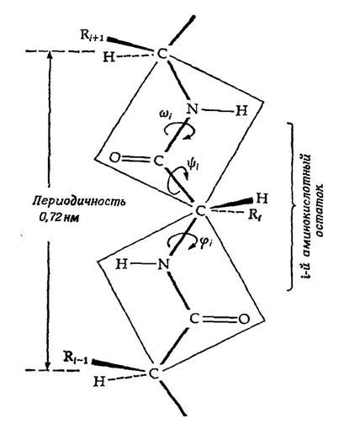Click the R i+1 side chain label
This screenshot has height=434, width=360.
pyautogui.click(x=92, y=37)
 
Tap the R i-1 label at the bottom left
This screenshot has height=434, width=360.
pyautogui.click(x=76, y=357)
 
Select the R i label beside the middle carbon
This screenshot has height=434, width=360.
pyautogui.click(x=255, y=215)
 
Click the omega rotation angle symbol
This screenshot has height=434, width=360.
pyautogui.click(x=166, y=115)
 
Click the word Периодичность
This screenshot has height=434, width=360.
pyautogui.click(x=79, y=202)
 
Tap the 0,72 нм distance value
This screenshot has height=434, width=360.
pyautogui.click(x=59, y=218)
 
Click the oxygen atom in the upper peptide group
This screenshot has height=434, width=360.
pyautogui.click(x=114, y=158)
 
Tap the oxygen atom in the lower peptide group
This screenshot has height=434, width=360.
pyautogui.click(x=244, y=319)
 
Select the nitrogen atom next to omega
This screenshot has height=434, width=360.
pyautogui.click(x=193, y=109)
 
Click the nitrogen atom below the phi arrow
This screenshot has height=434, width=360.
pyautogui.click(x=164, y=264)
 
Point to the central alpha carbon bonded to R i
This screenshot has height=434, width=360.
pyautogui.click(x=201, y=211)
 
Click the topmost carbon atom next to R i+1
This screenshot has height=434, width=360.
pyautogui.click(x=162, y=54)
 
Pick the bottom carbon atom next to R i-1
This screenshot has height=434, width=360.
pyautogui.click(x=154, y=373)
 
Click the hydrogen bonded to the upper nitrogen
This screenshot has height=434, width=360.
pyautogui.click(x=241, y=111)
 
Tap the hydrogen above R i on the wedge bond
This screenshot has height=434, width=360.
pyautogui.click(x=262, y=198)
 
